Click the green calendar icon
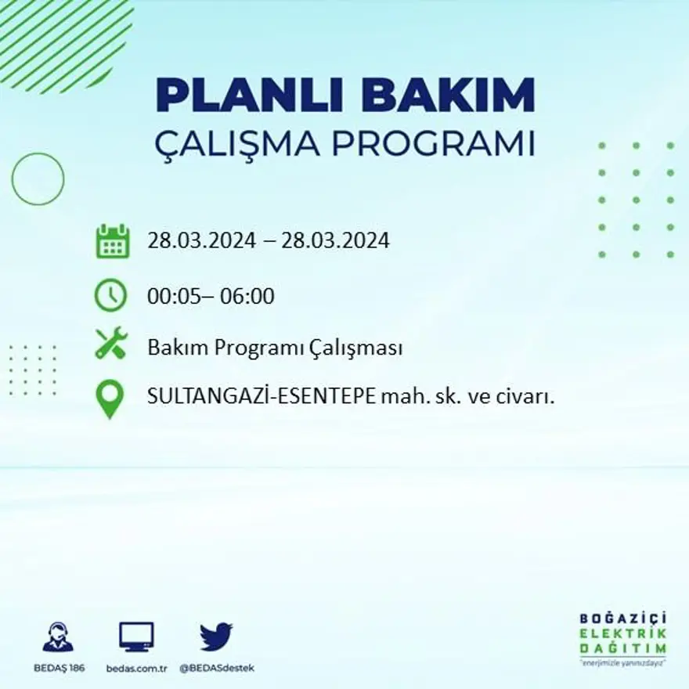coord(112,241)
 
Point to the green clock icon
coord(110,296)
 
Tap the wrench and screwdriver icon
coord(110,344)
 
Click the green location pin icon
coord(110,398)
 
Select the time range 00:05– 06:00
coord(211,297)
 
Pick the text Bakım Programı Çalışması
coord(275,348)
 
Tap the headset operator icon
coord(58,637)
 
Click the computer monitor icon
coord(136,637)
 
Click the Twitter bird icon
coord(216,636)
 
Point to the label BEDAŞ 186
coord(59,668)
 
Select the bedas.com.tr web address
coord(136,668)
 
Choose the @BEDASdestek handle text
coord(216,668)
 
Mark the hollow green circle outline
coord(38,179)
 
